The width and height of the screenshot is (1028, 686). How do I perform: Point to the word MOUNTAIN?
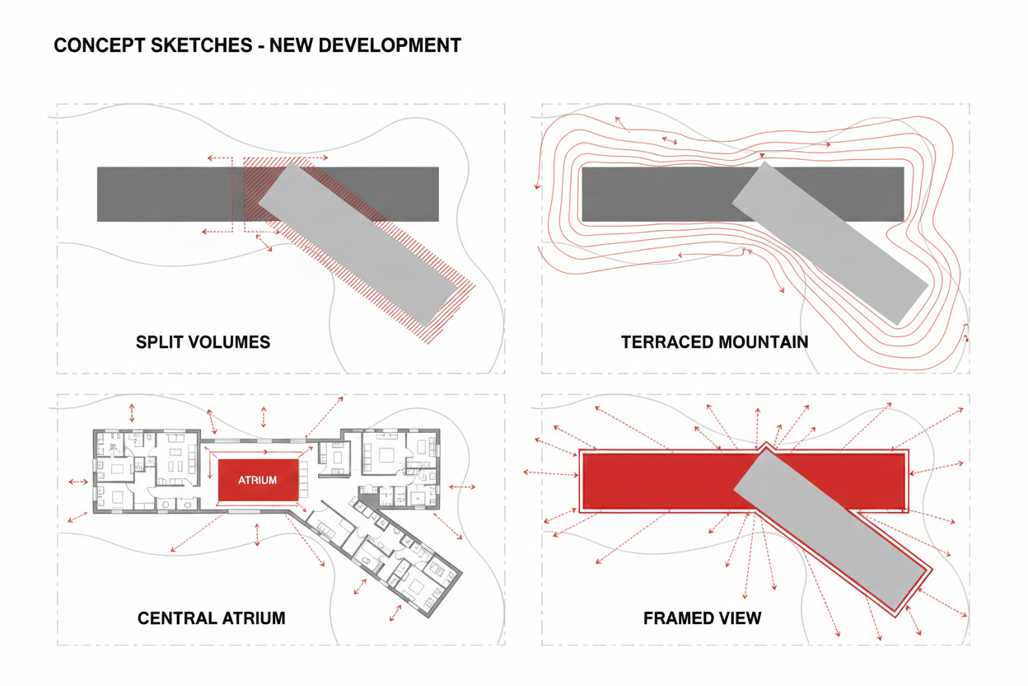tap(763, 341)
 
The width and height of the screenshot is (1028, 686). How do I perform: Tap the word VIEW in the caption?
tap(739, 618)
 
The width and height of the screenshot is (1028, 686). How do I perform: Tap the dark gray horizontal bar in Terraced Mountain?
tap(651, 194)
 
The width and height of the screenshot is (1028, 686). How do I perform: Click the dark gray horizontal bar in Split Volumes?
tap(165, 194)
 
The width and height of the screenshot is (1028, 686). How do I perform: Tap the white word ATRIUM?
tap(257, 480)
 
